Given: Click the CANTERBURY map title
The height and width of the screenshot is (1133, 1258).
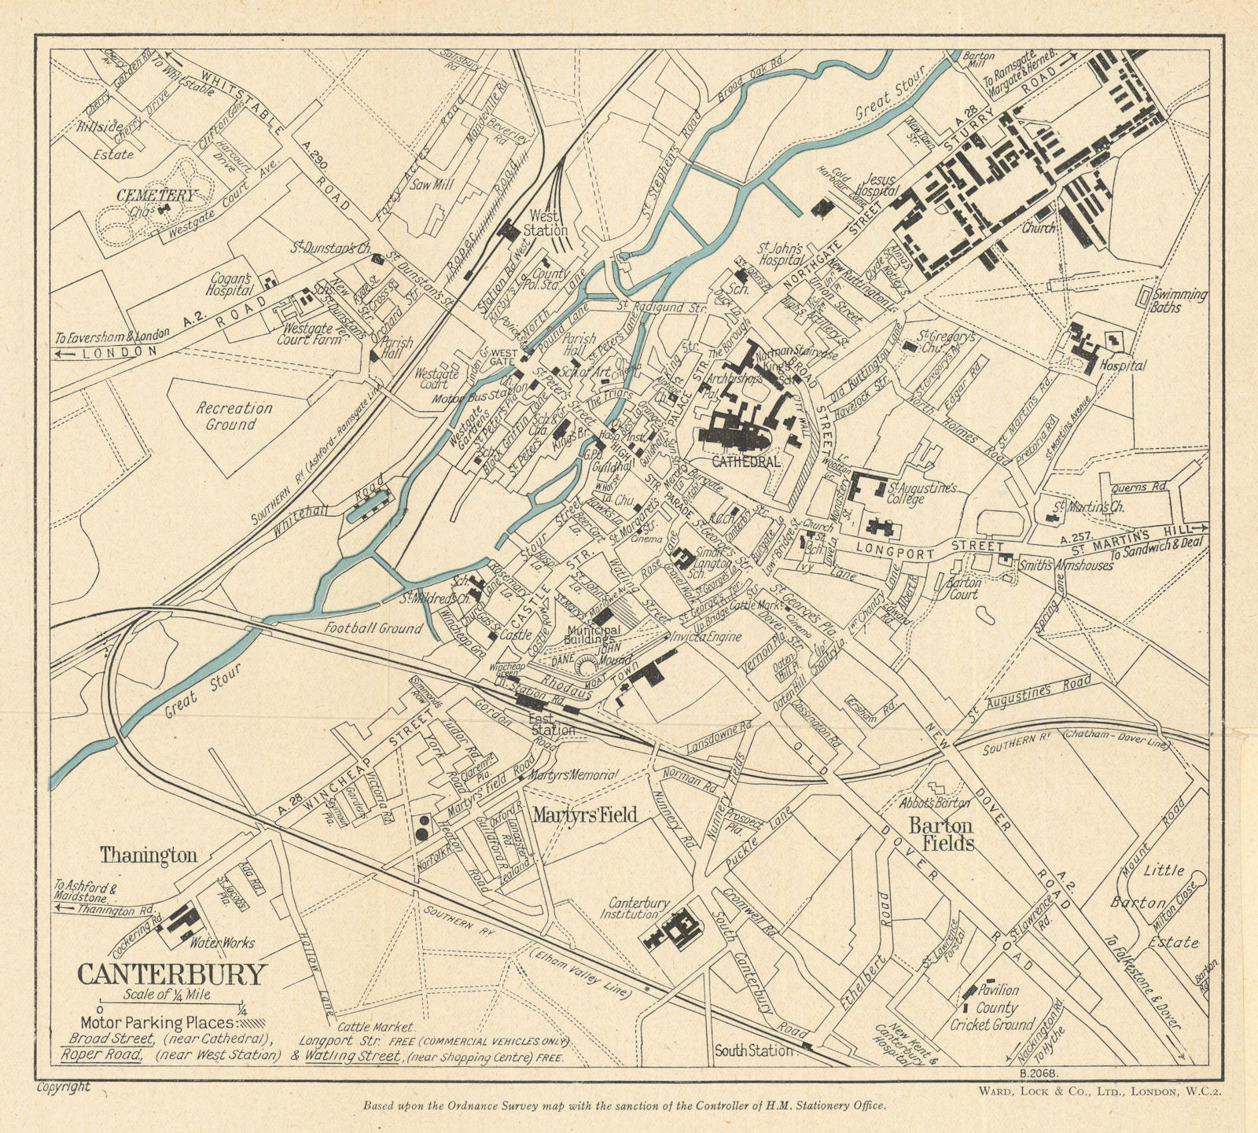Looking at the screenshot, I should (x=172, y=974).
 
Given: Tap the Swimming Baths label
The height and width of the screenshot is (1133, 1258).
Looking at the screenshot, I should (x=1177, y=300).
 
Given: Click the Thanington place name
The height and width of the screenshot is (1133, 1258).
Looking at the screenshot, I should (x=148, y=856).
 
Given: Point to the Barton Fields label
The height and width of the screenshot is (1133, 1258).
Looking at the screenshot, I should (x=941, y=834).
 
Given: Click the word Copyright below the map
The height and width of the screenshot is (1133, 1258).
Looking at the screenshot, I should (x=63, y=1087).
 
